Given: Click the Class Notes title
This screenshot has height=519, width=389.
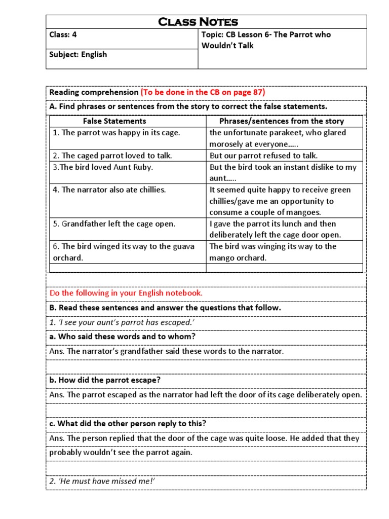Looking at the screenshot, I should tap(198, 22).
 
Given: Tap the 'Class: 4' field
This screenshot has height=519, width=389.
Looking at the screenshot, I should tap(63, 35).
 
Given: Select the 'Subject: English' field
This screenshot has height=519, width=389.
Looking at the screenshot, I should tap(78, 54).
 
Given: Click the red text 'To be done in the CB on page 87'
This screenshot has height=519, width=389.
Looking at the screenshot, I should tap(203, 92).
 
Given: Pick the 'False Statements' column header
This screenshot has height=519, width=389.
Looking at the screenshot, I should tap(114, 121).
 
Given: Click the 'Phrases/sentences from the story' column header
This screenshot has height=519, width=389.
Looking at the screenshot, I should tap(282, 121).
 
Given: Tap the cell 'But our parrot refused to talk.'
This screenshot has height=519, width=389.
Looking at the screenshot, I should tap(263, 156).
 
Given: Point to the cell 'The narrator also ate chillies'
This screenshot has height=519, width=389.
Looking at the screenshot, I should tap(109, 190).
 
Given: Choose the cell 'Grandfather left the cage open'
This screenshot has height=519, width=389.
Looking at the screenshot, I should tap(114, 224).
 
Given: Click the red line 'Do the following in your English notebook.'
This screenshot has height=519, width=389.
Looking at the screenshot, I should tap(126, 293).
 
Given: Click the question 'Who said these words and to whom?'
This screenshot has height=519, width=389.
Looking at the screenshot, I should tap(123, 337).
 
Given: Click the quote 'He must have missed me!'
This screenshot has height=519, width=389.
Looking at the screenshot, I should tap(102, 481).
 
